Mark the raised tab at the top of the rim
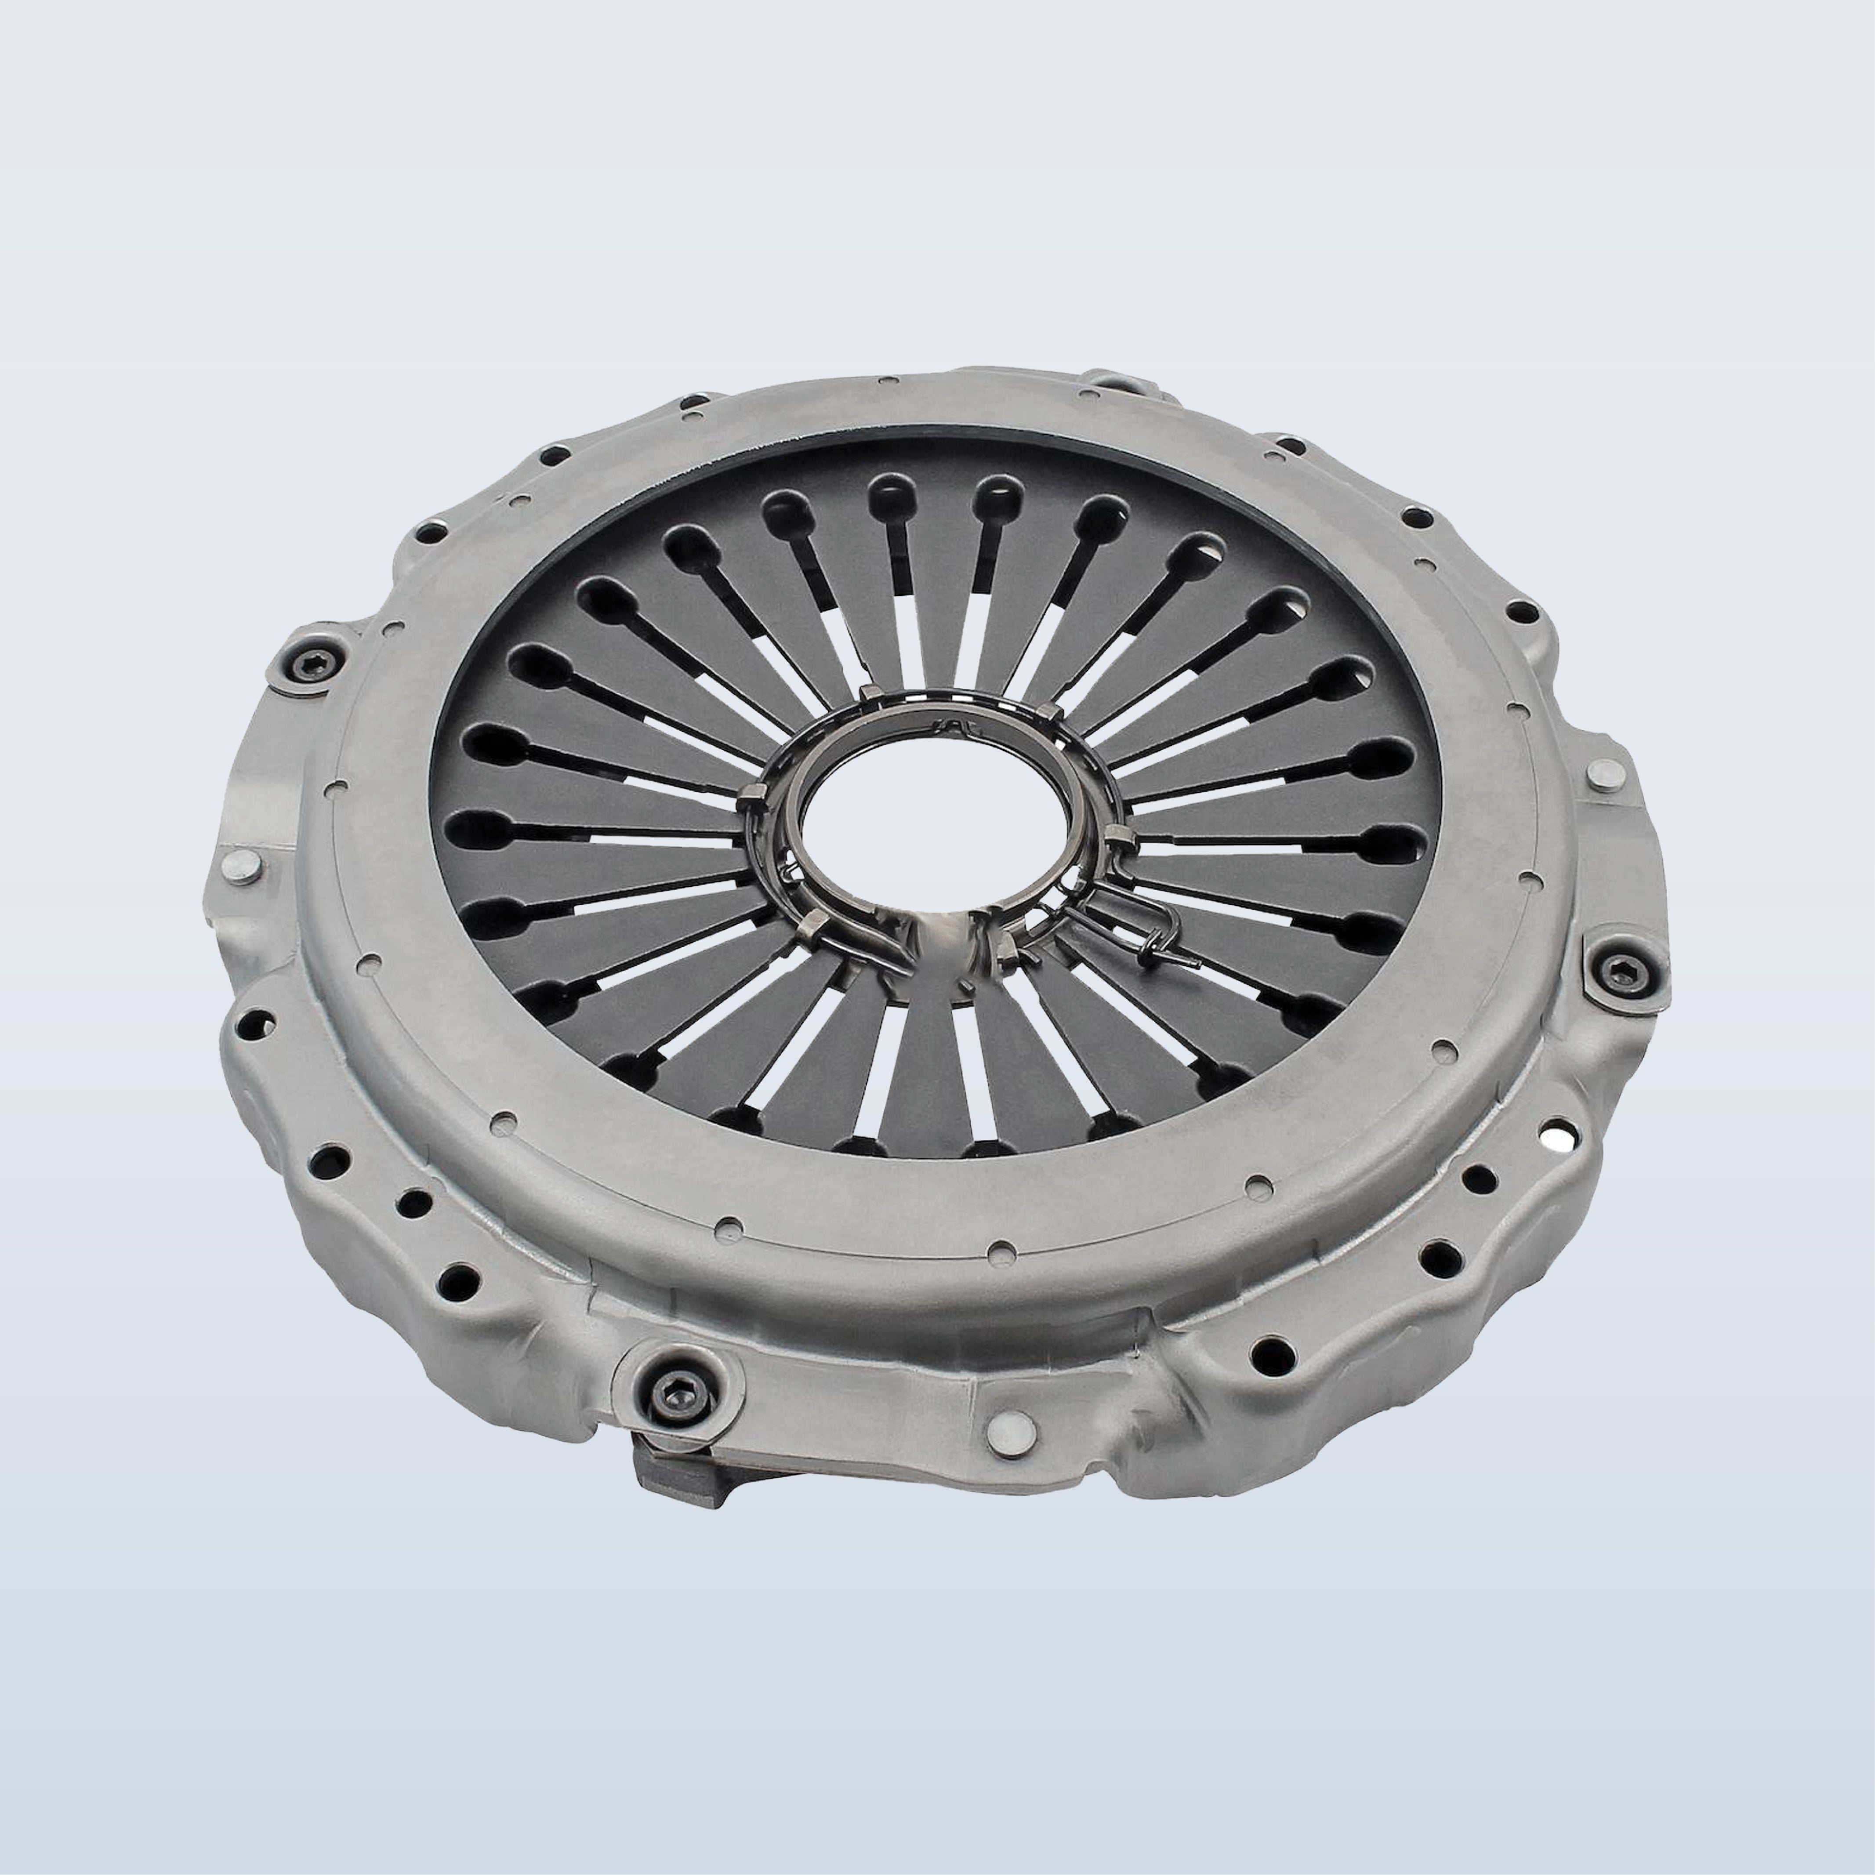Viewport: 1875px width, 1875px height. [1116, 382]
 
